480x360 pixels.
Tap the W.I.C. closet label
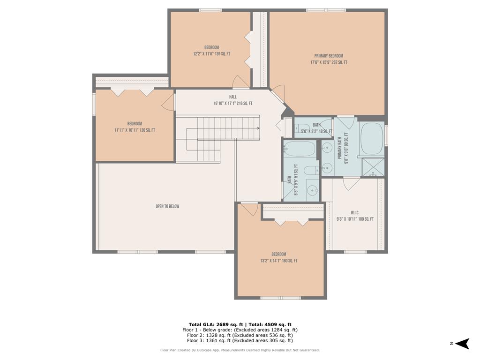pyautogui.click(x=355, y=212)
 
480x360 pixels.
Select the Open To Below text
pyautogui.click(x=167, y=206)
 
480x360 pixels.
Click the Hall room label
pyautogui.click(x=233, y=97)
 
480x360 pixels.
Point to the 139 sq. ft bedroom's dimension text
pyautogui.click(x=211, y=54)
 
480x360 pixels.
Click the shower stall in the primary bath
pyautogui.click(x=373, y=167)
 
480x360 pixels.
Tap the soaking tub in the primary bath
pyautogui.click(x=372, y=139)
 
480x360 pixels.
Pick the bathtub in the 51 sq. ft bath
pyautogui.click(x=300, y=149)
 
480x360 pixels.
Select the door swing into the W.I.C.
pyautogui.click(x=351, y=183)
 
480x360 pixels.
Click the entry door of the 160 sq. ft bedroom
pyautogui.click(x=249, y=209)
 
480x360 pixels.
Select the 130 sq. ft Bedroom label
pyautogui.click(x=135, y=124)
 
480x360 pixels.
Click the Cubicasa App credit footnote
pyautogui.click(x=240, y=350)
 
